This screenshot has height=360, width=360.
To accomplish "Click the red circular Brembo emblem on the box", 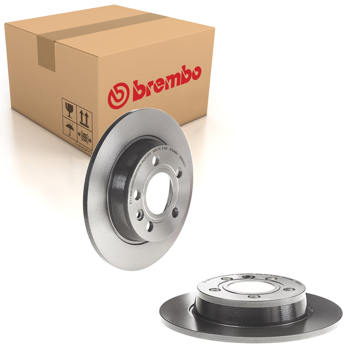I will tap(119, 95).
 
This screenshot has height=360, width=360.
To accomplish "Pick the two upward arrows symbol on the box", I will tap(84, 118).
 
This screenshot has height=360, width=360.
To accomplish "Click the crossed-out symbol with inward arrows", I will tap(84, 138).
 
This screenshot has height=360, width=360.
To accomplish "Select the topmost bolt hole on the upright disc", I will tap(156, 160).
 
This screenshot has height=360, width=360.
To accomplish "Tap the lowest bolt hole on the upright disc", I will tap(150, 227).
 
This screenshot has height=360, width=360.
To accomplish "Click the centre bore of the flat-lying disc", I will tap(251, 287).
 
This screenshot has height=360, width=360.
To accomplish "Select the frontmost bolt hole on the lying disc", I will tap(254, 296).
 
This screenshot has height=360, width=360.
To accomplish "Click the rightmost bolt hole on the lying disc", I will tap(289, 289).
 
